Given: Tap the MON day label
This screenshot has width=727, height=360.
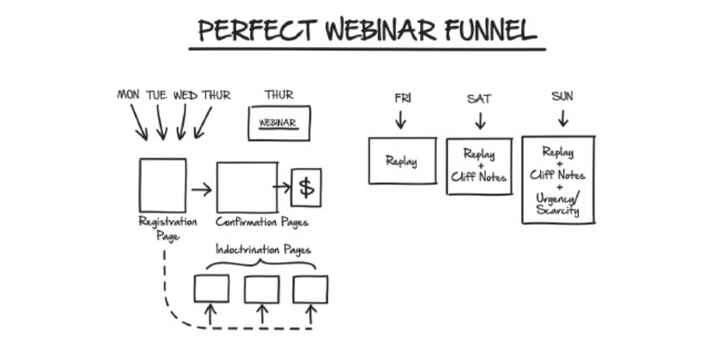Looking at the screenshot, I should point(128,95).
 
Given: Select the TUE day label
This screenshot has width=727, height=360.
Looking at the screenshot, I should point(157,95).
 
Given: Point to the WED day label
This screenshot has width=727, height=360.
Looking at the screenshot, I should point(185,95).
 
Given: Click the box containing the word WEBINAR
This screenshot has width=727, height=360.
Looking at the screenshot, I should point(279,123).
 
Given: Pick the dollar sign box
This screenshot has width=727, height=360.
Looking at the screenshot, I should point(306,187).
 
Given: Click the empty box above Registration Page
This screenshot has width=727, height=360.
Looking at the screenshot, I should point(162,185).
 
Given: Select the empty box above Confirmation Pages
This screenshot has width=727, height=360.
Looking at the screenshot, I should point(247,187).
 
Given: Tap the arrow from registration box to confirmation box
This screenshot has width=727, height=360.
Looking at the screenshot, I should point(202,190).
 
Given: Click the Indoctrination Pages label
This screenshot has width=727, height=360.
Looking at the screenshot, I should point(263,249).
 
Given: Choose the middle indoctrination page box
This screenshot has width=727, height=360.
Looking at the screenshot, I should point(262,289).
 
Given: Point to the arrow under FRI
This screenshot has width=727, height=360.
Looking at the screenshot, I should point(401,119).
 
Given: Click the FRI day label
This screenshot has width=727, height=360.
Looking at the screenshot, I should point(403,98).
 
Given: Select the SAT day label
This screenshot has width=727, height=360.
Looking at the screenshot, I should point(479,99).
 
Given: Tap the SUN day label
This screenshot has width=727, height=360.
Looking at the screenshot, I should point(562,97).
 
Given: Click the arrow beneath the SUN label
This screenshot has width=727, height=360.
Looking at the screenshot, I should point(563,118).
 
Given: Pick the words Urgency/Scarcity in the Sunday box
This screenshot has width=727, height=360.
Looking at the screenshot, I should point(558,204).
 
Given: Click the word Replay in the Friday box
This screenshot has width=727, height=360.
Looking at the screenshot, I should point(401,161).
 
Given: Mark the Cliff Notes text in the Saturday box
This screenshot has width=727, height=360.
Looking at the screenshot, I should point(479,177).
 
